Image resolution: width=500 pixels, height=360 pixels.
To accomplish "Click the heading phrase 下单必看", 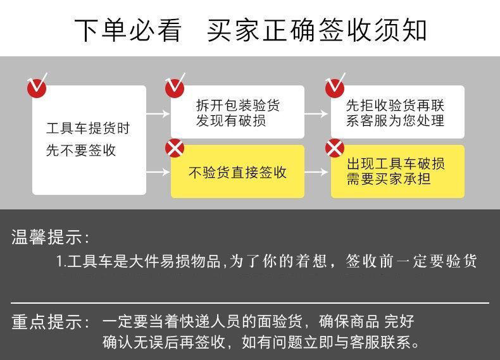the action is (x=128, y=30).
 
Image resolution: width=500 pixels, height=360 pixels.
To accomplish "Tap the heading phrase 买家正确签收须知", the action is (x=316, y=30).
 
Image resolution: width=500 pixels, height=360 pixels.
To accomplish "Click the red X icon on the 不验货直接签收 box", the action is (x=175, y=148).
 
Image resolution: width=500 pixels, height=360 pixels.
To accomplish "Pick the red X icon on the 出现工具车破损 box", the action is (x=335, y=148).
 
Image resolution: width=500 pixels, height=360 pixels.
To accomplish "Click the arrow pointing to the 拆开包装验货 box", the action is (x=158, y=113).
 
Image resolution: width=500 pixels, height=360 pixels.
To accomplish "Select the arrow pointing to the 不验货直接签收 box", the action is (x=158, y=172).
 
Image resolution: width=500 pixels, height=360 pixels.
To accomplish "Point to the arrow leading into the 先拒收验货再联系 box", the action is (x=316, y=113).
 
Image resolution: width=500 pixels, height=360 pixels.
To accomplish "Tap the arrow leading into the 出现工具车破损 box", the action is (x=316, y=172).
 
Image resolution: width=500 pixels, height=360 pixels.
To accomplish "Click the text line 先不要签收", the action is (x=81, y=150).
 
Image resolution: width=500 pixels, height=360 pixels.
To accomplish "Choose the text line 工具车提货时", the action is (x=88, y=128).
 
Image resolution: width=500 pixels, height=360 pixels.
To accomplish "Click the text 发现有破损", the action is (x=231, y=121).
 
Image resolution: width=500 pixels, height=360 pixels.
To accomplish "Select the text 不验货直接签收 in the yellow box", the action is (x=237, y=173).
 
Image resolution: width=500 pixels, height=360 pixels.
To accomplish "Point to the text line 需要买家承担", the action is (x=389, y=178).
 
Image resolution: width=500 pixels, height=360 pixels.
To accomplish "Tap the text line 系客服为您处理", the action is (x=395, y=121).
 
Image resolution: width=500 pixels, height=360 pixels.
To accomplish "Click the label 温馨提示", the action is (x=51, y=237).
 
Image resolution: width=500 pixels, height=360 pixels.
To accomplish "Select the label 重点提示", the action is (x=51, y=322).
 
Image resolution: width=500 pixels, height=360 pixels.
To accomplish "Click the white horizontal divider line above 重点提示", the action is (x=250, y=302).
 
